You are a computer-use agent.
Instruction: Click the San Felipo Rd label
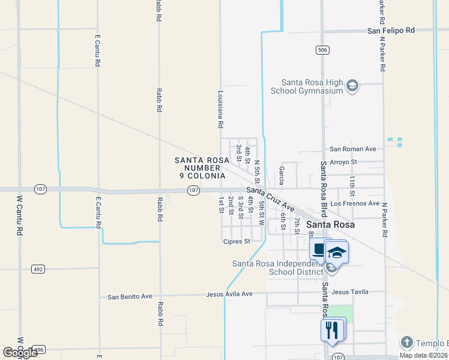391,30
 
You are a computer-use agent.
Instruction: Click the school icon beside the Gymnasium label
352,87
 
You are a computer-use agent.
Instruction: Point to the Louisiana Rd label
221,109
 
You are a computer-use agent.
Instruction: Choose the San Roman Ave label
352,149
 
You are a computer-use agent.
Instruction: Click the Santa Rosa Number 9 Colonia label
200,168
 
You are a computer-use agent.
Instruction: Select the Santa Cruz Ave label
270,199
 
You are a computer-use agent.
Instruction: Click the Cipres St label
235,242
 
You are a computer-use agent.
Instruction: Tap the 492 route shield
38,269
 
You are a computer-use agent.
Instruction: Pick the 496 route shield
38,349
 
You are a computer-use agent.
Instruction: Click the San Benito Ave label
131,296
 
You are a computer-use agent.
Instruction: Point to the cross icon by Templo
406,343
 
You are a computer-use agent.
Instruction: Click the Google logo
19,353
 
